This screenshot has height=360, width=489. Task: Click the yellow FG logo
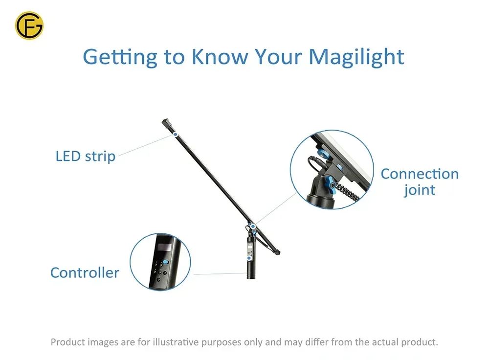tap(29, 25)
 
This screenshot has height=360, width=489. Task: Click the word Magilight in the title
tap(356, 57)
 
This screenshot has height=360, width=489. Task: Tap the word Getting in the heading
tap(120, 57)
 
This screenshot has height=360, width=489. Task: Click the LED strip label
tap(86, 157)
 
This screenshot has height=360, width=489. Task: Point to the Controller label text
tap(85, 272)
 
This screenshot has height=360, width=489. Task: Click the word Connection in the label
tap(420, 174)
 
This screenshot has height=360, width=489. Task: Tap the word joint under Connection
tap(420, 190)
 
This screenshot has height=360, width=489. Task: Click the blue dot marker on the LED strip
tap(176, 135)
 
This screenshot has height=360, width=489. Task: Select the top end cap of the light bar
tap(165, 122)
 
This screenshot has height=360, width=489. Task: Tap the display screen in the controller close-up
tap(164, 247)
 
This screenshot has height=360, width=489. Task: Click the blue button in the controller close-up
tap(166, 262)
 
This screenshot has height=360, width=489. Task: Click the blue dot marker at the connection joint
tap(253, 226)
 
